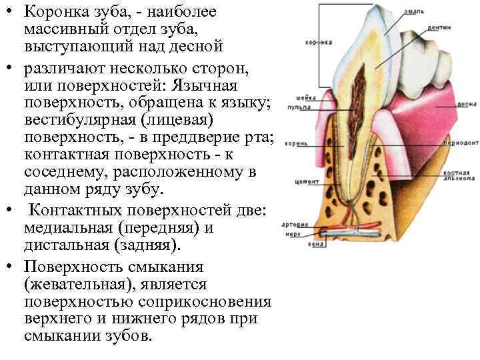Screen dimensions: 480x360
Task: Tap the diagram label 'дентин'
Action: (x=448, y=28)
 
